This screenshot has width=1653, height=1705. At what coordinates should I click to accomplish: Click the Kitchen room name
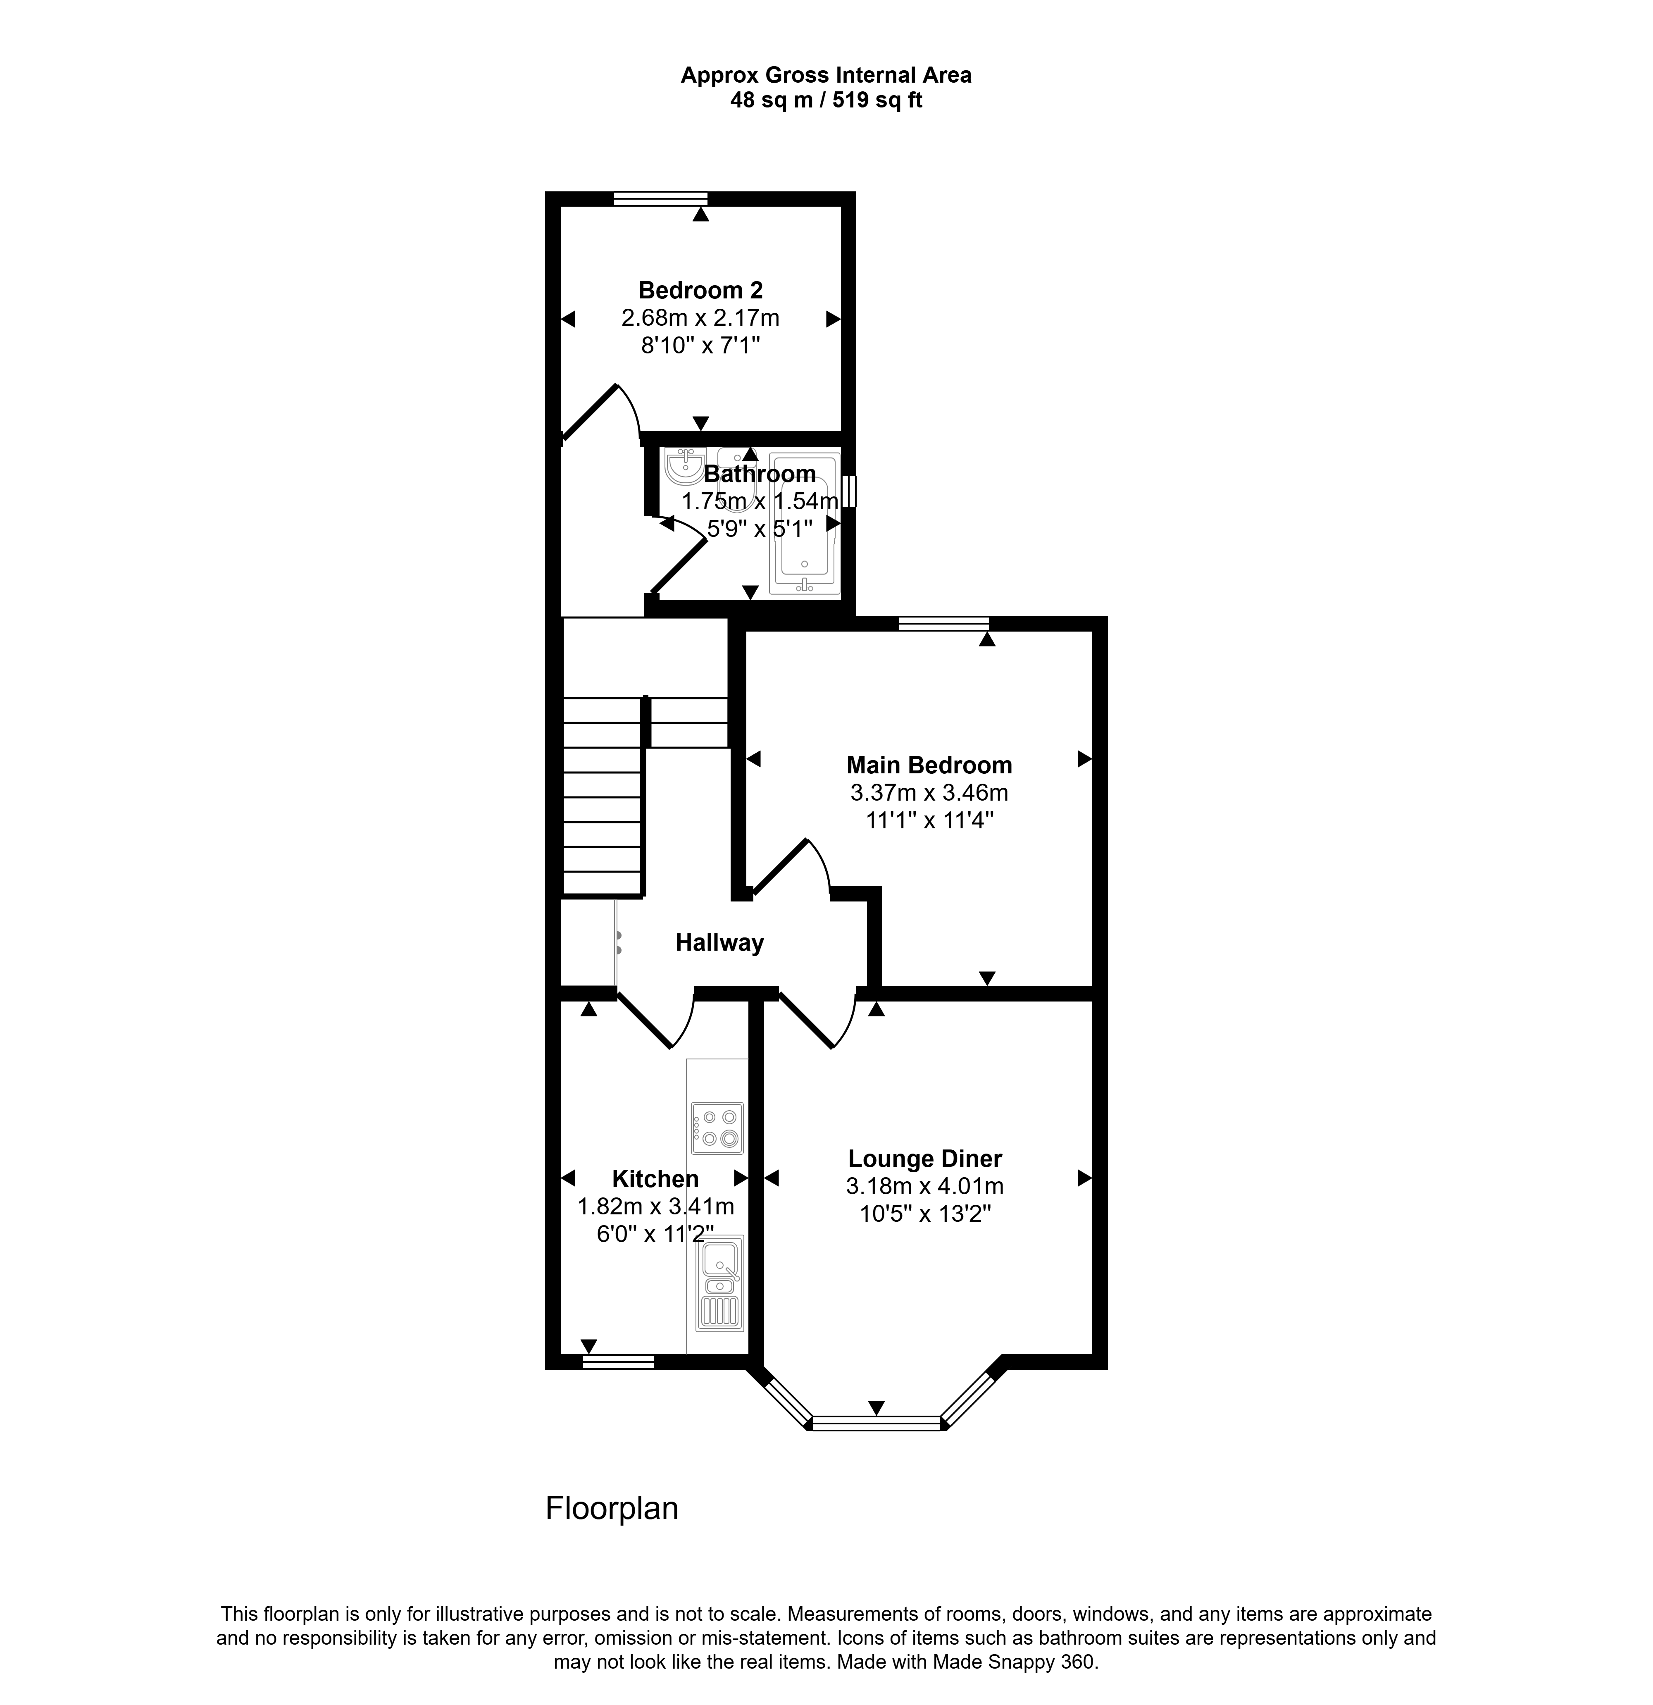[655, 1179]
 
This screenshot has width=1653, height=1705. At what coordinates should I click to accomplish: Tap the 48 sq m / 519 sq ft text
[826, 100]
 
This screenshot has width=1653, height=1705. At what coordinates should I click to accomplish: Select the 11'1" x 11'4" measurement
[929, 820]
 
